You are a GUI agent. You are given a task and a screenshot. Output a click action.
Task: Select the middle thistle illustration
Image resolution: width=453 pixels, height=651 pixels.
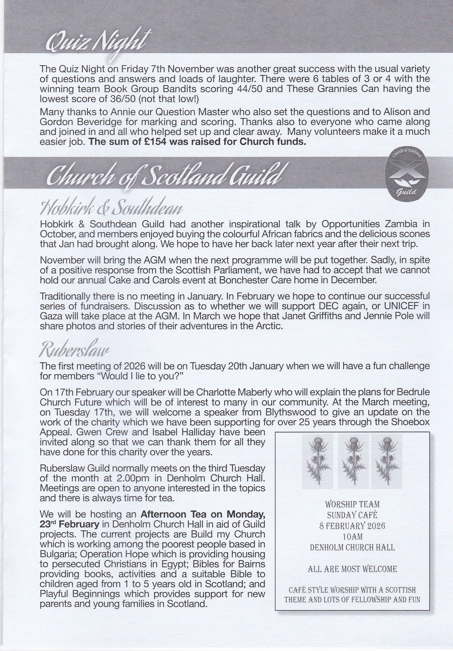pyautogui.click(x=353, y=461)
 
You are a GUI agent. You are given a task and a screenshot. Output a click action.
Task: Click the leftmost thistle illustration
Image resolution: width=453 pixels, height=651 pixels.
pyautogui.click(x=317, y=461)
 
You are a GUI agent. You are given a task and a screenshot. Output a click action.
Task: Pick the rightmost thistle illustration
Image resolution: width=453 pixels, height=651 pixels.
pyautogui.click(x=387, y=461)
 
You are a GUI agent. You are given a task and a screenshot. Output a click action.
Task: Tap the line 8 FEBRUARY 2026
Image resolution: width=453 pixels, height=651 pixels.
pyautogui.click(x=352, y=526)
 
